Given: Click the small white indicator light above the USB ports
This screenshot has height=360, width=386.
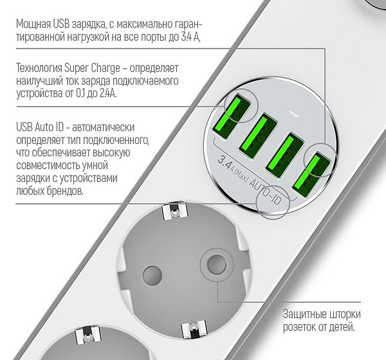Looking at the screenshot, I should point(293,116).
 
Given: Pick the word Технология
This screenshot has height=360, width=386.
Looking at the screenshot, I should point(42,67).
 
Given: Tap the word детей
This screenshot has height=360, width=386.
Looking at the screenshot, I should point(338,328).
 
